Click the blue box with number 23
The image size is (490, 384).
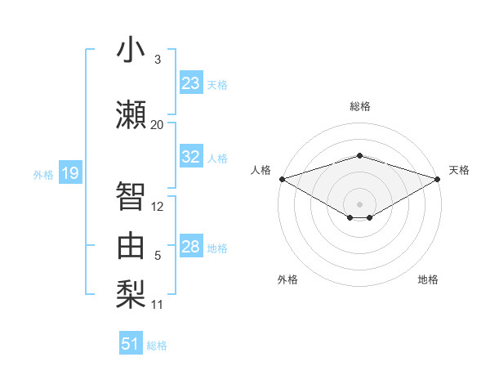tap(191, 83)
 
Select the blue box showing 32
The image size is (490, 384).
tap(191, 157)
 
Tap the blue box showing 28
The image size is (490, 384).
tap(191, 247)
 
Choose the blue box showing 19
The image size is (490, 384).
tap(69, 173)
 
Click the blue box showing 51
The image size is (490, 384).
tap(131, 344)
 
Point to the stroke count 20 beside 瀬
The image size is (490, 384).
tap(157, 125)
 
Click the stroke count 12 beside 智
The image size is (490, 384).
tap(158, 207)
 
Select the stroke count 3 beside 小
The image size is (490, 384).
tap(158, 60)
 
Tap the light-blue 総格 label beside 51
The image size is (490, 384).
tap(157, 346)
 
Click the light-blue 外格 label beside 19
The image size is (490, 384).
tap(42, 174)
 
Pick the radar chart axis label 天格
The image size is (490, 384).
tap(459, 170)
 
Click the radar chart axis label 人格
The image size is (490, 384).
tap(261, 170)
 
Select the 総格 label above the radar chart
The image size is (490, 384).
tap(359, 106)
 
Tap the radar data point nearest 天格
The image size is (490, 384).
tap(438, 179)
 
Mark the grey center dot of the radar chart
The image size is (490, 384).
tap(359, 203)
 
